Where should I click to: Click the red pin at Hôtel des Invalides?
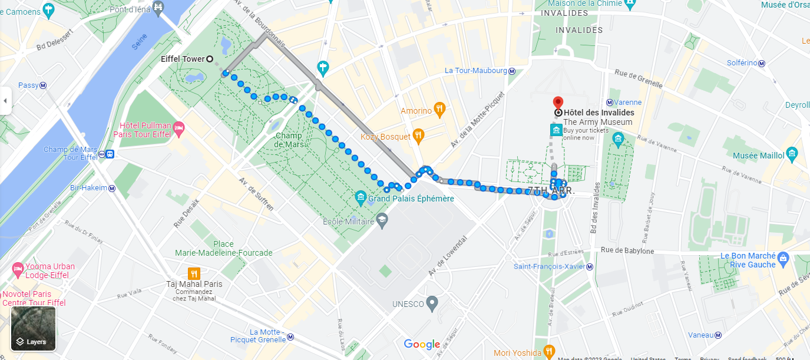click(558, 103)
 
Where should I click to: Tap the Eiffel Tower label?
click(183, 59)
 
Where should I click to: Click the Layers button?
click(34, 329)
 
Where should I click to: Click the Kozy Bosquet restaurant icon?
click(418, 136)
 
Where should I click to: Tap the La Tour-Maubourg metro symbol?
click(512, 71)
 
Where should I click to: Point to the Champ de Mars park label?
click(288, 140)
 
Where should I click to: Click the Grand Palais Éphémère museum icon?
click(361, 197)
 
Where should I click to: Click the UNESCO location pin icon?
click(432, 304)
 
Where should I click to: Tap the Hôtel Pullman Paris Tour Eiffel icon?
click(179, 127)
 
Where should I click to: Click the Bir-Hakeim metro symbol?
click(112, 188)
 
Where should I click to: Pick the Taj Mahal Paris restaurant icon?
click(194, 273)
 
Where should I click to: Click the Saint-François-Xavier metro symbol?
click(590, 266)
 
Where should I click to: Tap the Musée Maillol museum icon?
click(792, 155)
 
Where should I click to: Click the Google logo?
click(422, 345)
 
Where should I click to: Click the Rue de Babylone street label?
click(627, 251)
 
